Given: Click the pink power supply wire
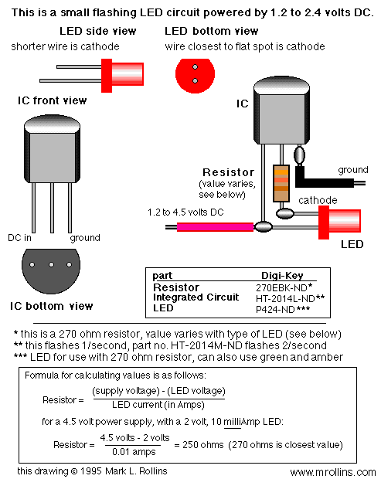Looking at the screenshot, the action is click(x=215, y=227).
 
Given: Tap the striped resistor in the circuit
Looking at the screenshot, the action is click(x=281, y=183).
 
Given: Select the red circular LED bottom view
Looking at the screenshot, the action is click(x=195, y=76).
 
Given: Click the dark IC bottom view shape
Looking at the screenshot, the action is click(x=51, y=270).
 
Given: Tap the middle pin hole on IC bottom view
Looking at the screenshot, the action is click(x=51, y=264).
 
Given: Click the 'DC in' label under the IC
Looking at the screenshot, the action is click(x=19, y=238).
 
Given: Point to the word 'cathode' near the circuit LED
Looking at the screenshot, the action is click(x=318, y=200).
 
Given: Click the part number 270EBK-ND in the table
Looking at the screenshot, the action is click(x=281, y=287).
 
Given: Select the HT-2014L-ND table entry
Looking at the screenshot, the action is click(x=285, y=298).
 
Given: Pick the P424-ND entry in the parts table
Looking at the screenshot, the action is click(x=275, y=309).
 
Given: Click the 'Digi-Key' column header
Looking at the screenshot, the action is click(x=282, y=276).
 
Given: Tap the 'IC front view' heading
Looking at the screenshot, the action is click(x=53, y=100).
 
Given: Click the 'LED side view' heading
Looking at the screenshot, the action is click(x=98, y=31).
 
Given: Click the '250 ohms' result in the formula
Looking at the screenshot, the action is click(x=203, y=444).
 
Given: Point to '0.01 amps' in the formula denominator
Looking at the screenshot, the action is click(x=134, y=451).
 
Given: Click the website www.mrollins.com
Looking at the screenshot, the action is click(x=333, y=472).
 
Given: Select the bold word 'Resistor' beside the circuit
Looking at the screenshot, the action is click(x=228, y=172).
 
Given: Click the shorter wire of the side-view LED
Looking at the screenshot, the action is click(x=79, y=66).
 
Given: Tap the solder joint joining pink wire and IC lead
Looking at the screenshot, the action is click(x=263, y=226).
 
